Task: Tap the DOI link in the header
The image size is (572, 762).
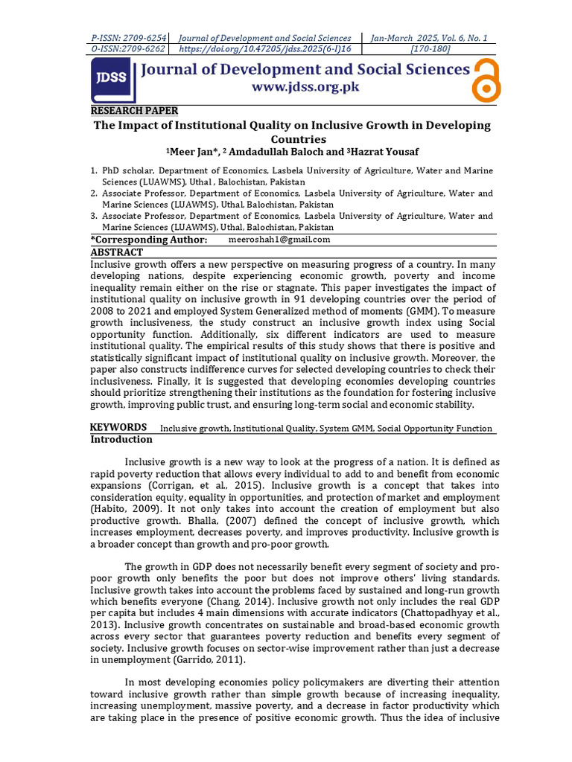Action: click(x=267, y=49)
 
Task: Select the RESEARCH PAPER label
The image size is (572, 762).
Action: click(x=134, y=111)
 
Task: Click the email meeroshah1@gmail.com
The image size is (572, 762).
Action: click(x=280, y=240)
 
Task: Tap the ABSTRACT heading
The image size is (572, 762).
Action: click(x=116, y=252)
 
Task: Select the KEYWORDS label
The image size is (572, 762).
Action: click(x=118, y=427)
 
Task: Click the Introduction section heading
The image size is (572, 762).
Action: click(x=121, y=439)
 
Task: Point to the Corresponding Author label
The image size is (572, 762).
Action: click(x=148, y=240)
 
